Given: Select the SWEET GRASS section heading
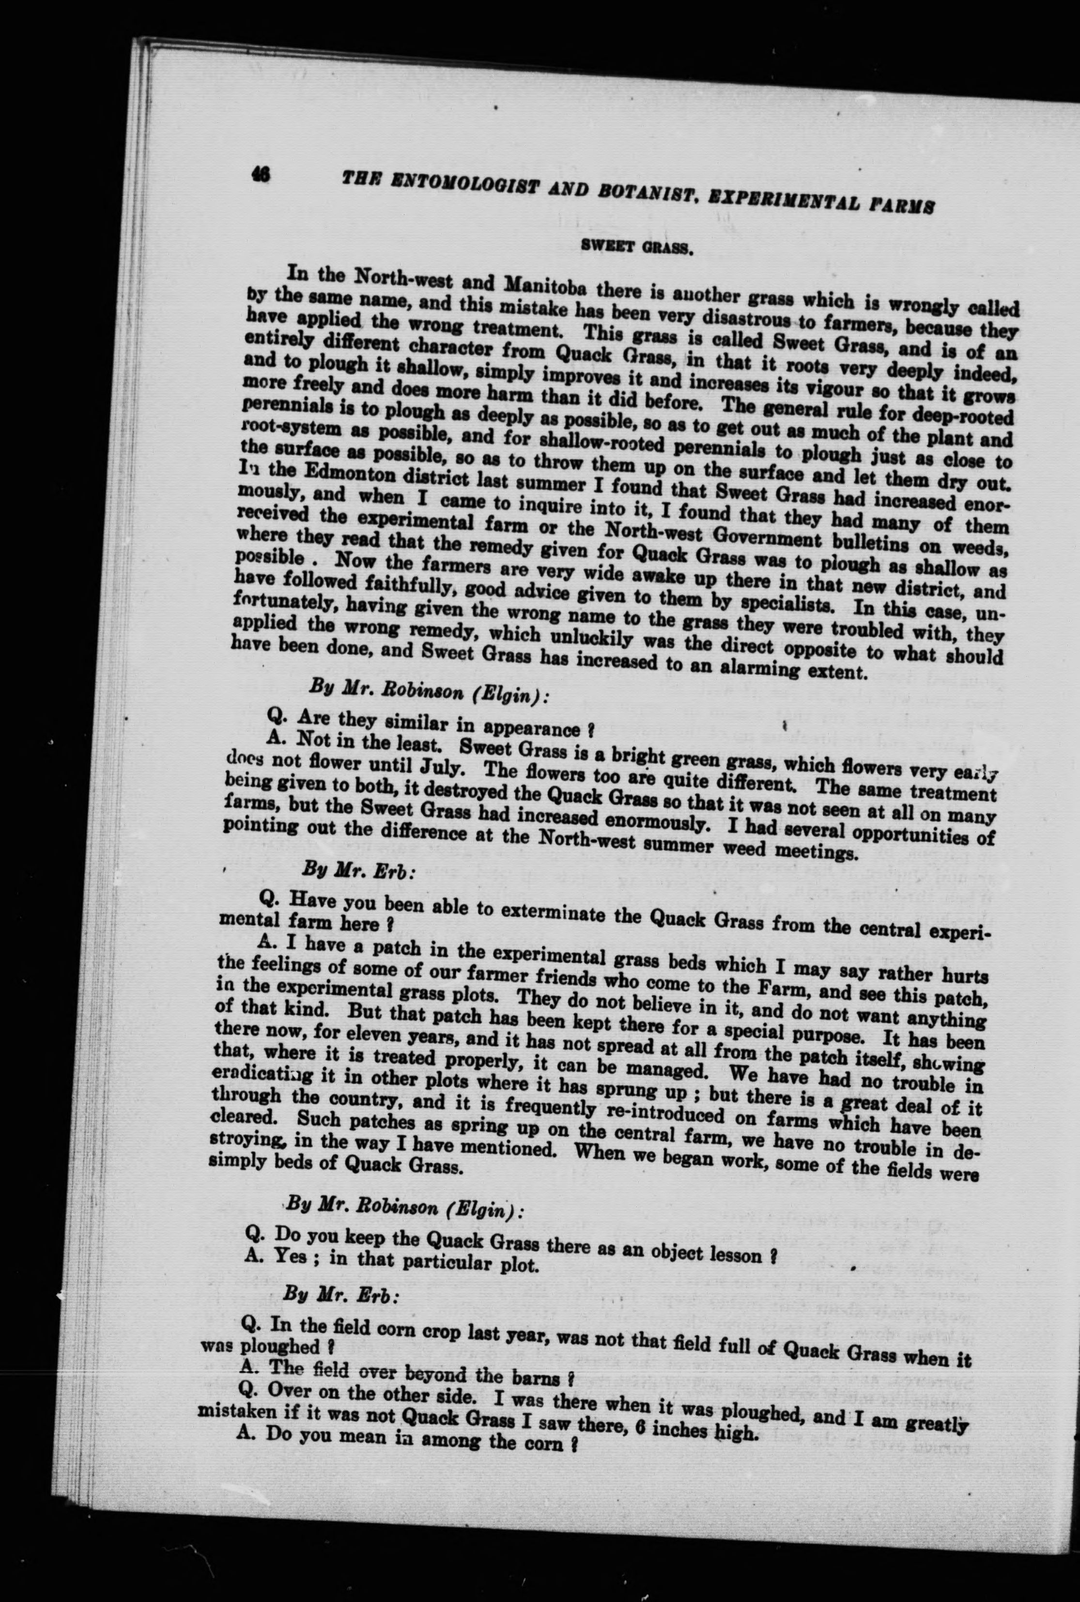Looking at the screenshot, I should [637, 247].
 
